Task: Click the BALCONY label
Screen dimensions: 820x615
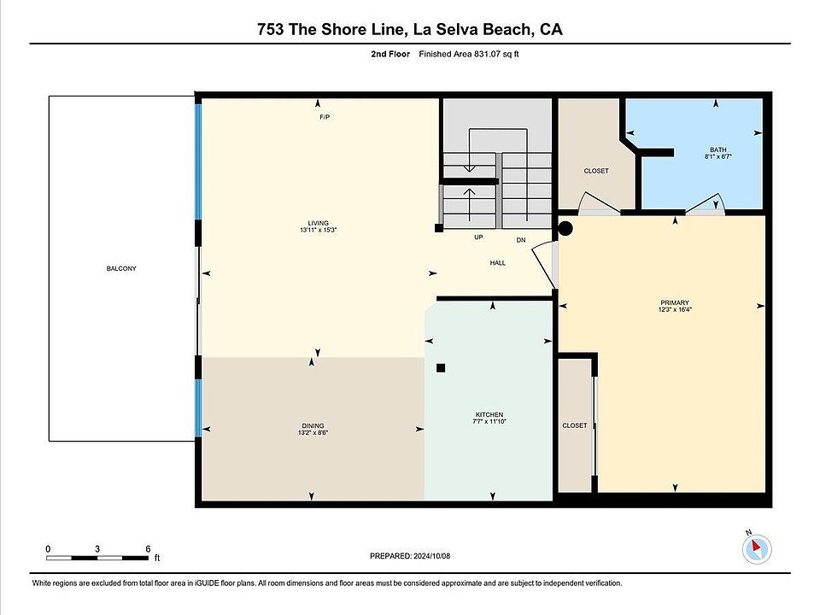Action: click(121, 268)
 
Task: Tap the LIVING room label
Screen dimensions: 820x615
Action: click(318, 223)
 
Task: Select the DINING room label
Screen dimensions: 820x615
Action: click(313, 425)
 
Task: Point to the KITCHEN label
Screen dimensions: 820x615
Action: click(489, 415)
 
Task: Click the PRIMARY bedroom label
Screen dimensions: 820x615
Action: click(675, 302)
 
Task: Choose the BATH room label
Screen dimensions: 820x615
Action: click(718, 149)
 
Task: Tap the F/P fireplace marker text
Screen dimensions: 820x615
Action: click(325, 117)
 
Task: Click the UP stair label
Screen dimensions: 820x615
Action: click(478, 237)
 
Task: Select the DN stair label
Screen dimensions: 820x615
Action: click(521, 240)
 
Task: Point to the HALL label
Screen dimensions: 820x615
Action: click(498, 263)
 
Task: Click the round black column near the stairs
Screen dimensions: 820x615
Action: click(565, 229)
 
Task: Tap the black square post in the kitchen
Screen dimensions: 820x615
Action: click(441, 368)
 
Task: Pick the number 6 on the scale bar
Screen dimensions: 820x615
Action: click(148, 548)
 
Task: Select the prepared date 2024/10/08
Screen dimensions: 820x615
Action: click(431, 556)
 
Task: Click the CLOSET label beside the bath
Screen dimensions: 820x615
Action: click(596, 171)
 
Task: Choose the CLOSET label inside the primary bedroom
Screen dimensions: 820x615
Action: click(575, 425)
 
